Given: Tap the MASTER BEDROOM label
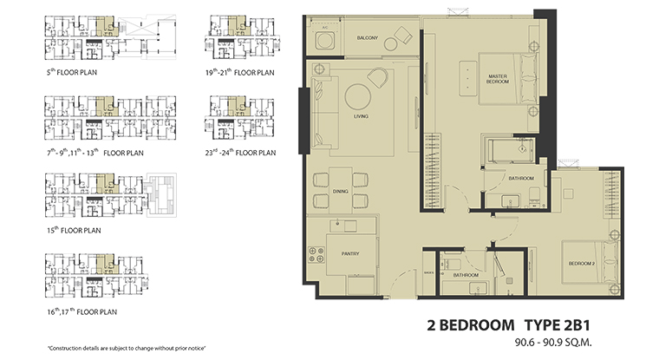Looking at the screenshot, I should point(497,79).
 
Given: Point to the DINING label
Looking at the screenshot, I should point(340,192).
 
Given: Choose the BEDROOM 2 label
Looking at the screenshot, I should point(581,262).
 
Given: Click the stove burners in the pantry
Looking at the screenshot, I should point(318,254).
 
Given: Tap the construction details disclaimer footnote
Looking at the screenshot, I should point(121,346).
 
